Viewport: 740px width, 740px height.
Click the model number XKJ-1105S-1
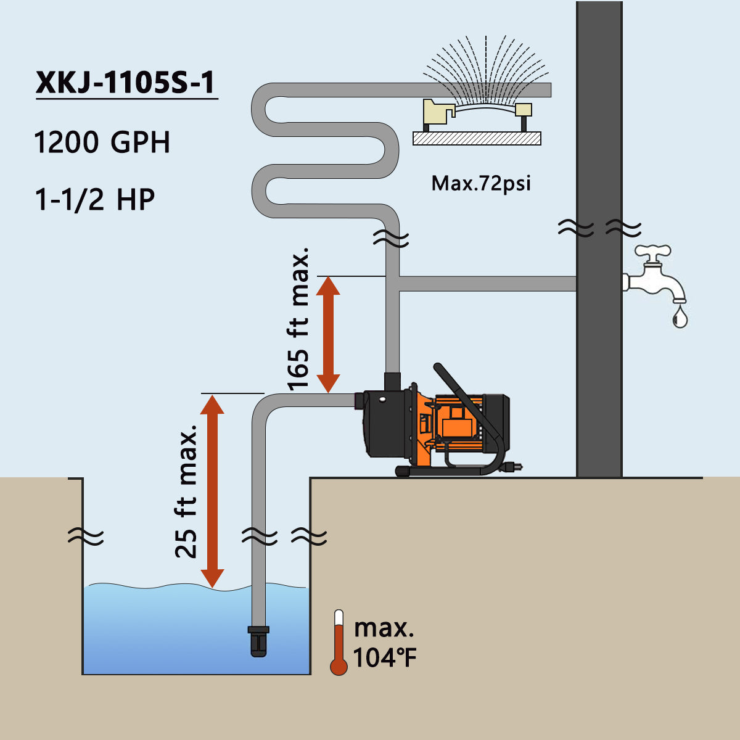tap(125, 83)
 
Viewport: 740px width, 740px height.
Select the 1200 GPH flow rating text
tap(102, 142)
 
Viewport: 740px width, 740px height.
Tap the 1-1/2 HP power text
tap(95, 200)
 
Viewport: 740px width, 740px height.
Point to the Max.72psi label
tap(481, 184)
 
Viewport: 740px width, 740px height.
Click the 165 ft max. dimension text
tap(298, 319)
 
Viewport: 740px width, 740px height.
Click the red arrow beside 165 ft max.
tap(328, 334)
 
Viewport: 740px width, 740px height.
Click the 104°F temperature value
tap(384, 658)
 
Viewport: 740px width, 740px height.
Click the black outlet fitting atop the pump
tap(392, 381)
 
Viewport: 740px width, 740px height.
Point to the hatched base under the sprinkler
tap(477, 138)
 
